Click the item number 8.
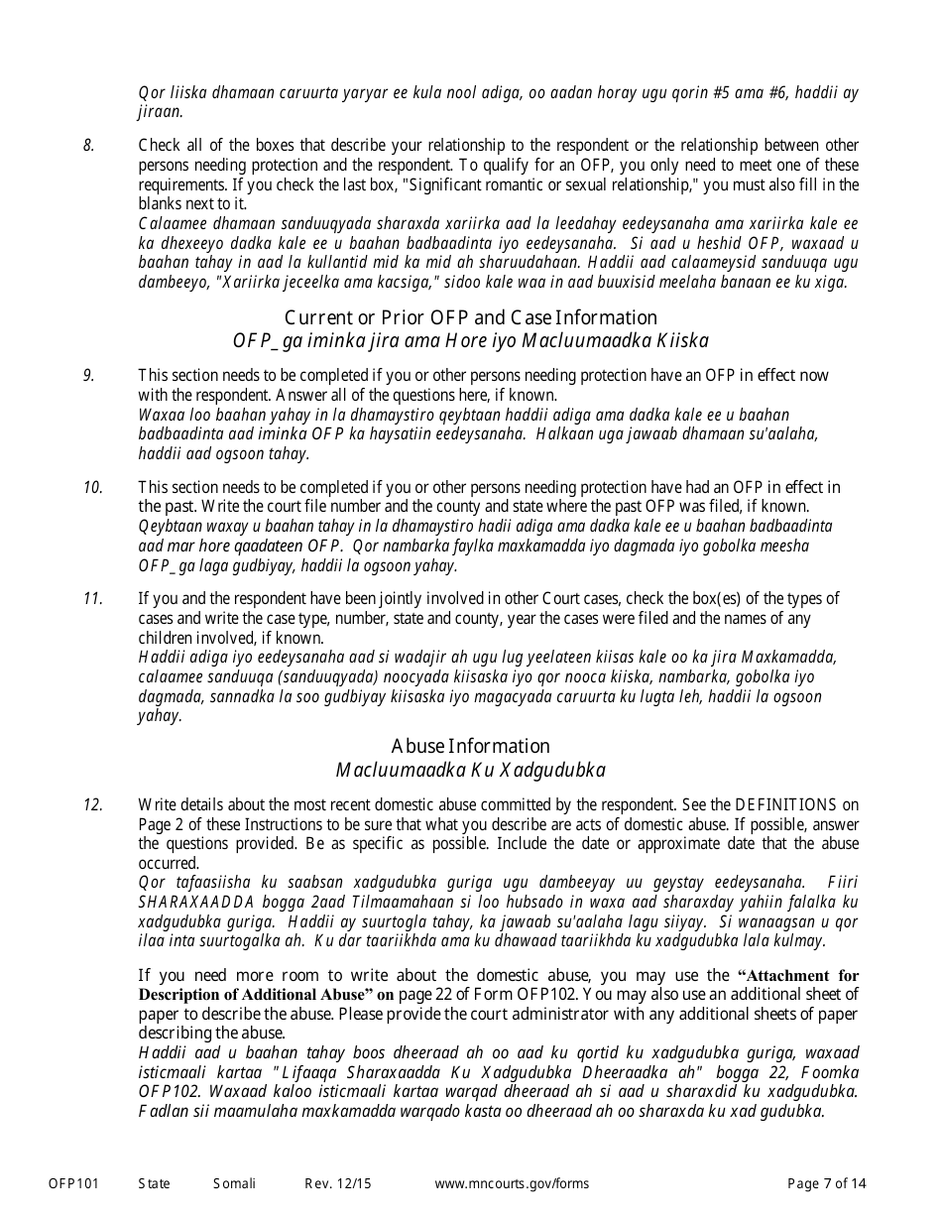coord(88,146)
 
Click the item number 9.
coord(88,375)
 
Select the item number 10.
coord(92,487)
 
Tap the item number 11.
coord(92,598)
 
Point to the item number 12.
coord(92,804)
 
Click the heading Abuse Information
coord(470,746)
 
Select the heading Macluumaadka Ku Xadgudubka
coord(470,770)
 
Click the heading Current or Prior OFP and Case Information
coord(470,317)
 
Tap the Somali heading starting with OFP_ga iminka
coord(470,341)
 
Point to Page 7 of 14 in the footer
coord(826,1183)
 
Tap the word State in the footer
coord(154,1183)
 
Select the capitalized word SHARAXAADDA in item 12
coord(195,902)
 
